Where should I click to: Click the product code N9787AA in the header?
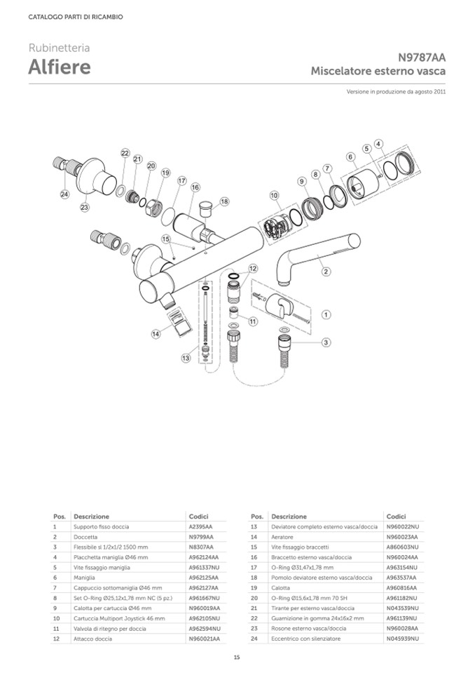pos(422,58)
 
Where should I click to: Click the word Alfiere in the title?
pos(60,67)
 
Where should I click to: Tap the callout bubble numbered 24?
pos(64,194)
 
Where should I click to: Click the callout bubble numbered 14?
pos(156,334)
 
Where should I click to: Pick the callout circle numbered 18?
pos(224,201)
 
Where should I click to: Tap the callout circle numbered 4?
pos(378,144)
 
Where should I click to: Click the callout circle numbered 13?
pos(186,358)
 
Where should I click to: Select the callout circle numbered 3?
pos(326,342)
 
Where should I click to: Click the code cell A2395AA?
pos(201,526)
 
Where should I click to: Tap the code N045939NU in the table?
pos(402,639)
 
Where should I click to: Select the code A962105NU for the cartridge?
pos(204,618)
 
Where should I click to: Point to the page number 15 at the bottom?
pos(237,657)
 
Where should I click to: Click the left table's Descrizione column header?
pos(91,517)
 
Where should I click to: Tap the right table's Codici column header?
pos(396,517)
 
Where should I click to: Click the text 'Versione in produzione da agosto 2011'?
pos(396,91)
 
